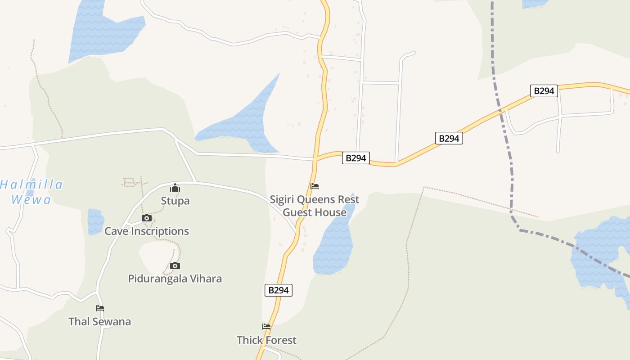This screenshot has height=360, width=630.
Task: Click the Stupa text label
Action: tap(175, 201)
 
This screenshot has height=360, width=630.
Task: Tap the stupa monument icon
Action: tap(175, 188)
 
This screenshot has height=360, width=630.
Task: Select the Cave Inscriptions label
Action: tap(147, 231)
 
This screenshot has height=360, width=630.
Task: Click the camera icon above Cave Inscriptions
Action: tap(146, 218)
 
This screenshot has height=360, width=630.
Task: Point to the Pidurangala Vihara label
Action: tap(175, 279)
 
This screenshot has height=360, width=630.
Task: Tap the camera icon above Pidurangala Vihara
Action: tap(175, 266)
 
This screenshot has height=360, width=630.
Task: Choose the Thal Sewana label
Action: tap(99, 321)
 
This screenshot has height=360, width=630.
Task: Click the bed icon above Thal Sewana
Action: tap(100, 308)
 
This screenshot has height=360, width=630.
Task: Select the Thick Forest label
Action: tap(266, 340)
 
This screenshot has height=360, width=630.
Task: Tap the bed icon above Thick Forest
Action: tap(266, 327)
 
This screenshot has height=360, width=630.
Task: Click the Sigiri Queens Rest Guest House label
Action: tap(315, 206)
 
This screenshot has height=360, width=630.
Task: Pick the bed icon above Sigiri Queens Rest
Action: tap(315, 186)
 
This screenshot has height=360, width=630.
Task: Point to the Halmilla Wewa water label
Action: tap(31, 192)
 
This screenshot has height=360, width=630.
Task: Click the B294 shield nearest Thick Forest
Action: tap(278, 290)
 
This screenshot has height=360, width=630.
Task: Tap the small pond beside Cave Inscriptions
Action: tap(95, 221)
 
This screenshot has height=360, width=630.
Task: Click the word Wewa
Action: tap(31, 199)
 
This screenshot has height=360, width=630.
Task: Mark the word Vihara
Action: tap(205, 279)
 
